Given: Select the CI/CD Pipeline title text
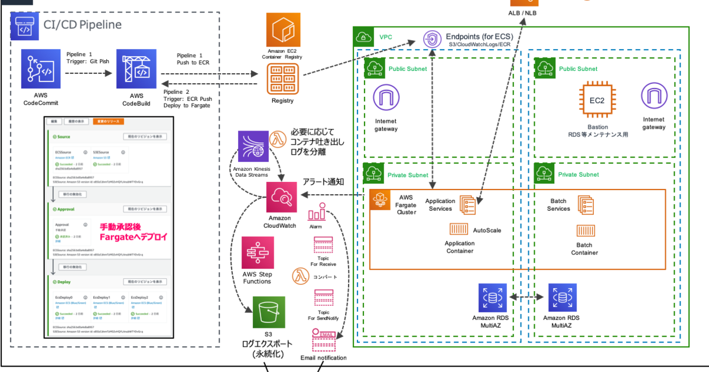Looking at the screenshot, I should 83,25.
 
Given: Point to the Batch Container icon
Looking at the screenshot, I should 584,234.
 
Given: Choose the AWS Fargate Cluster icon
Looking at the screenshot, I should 381,200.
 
